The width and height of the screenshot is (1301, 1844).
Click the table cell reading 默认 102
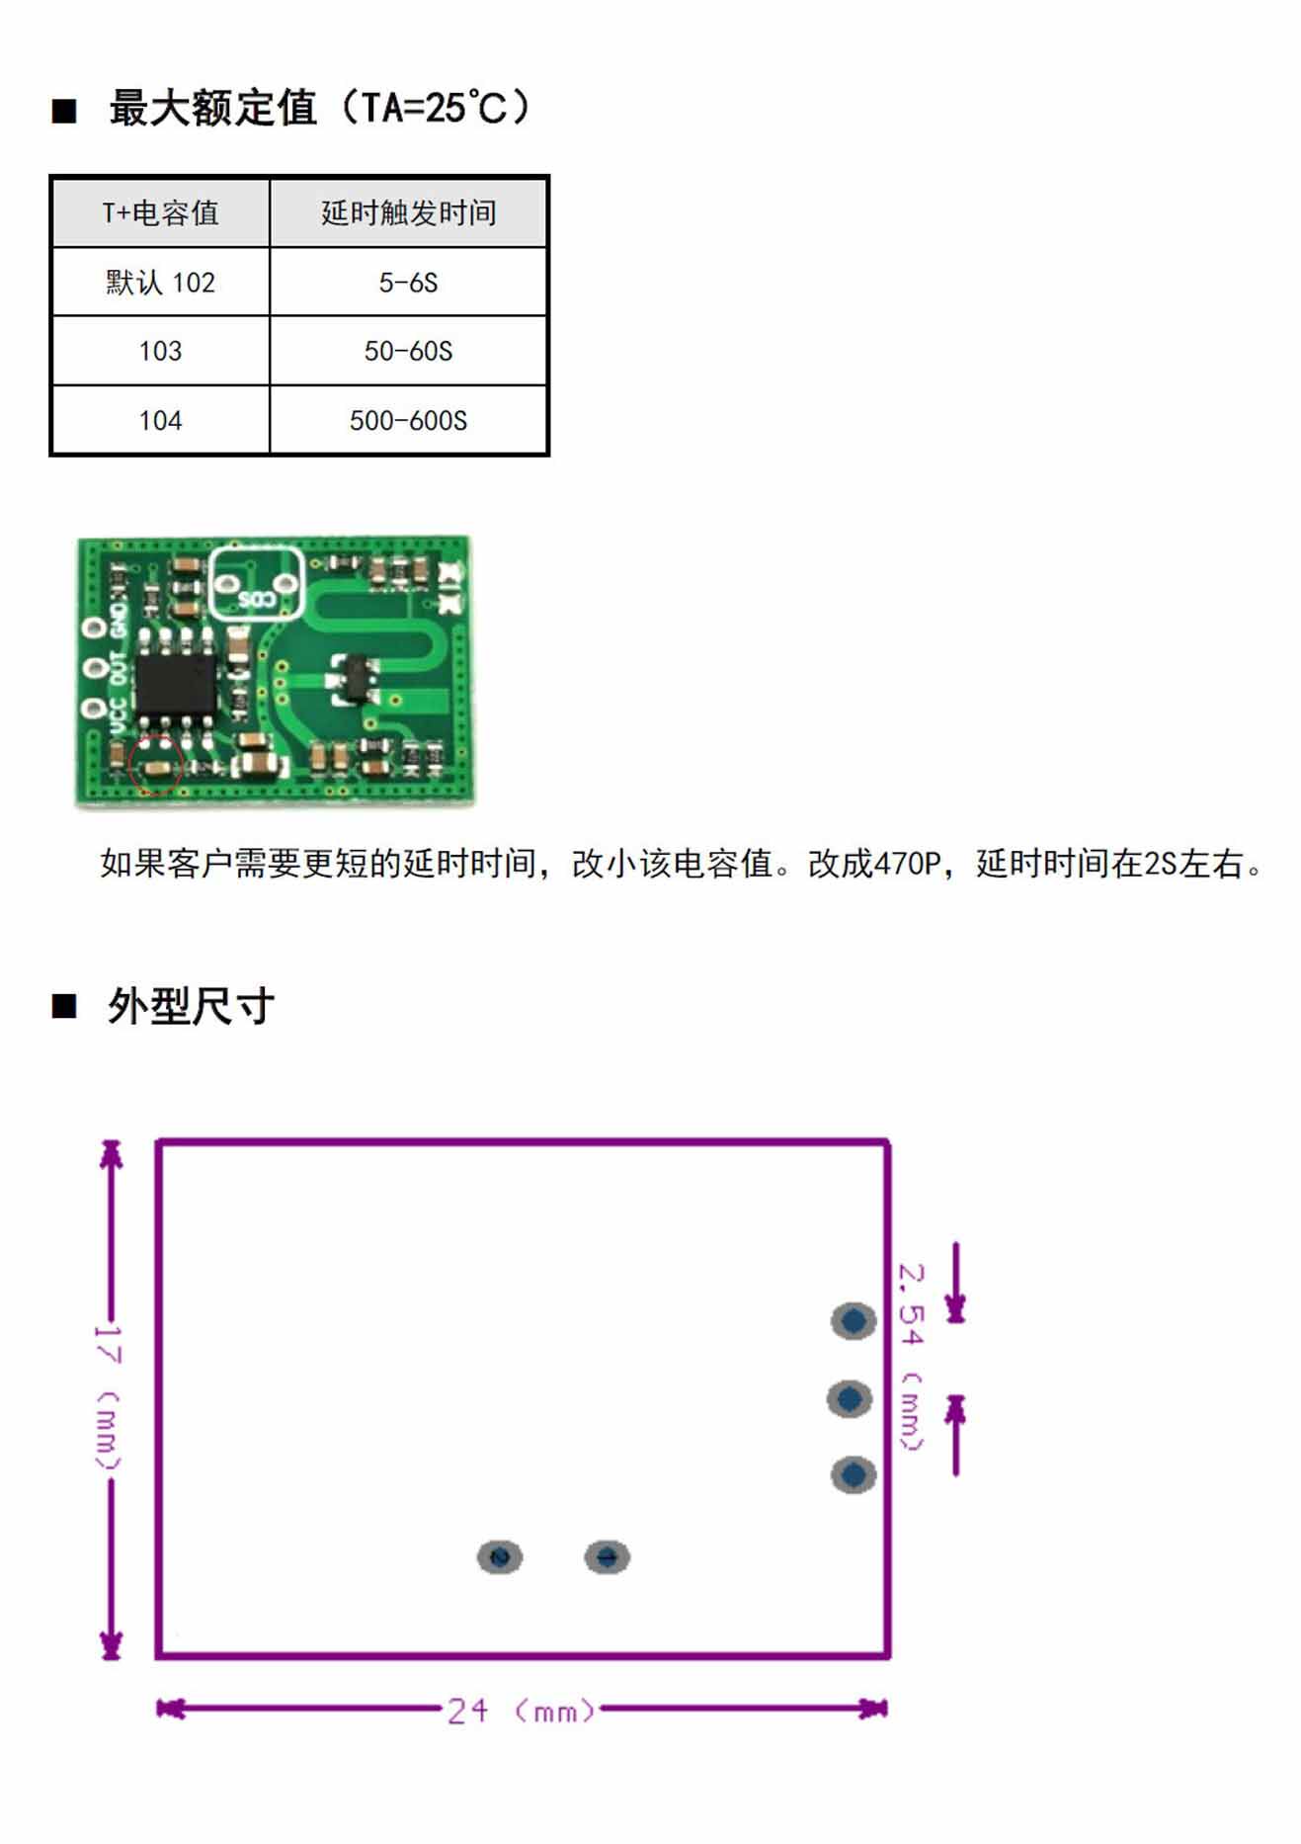point(160,283)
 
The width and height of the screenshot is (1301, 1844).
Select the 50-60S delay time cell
point(408,351)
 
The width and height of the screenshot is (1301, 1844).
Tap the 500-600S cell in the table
point(408,421)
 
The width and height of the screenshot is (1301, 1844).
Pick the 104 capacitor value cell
point(160,421)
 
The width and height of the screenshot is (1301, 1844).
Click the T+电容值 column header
point(160,212)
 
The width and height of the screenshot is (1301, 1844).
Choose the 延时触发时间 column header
point(408,212)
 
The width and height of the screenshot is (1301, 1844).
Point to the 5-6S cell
point(408,283)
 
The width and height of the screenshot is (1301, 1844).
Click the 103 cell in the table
point(160,351)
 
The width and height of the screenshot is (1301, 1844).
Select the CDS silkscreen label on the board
point(256,600)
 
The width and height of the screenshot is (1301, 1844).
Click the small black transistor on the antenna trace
point(353,680)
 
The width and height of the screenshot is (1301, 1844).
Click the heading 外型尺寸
point(191,1006)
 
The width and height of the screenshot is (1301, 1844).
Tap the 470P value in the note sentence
point(907,864)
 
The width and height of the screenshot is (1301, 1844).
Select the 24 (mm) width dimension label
point(521,1710)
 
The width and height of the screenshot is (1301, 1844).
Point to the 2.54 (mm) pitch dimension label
point(911,1356)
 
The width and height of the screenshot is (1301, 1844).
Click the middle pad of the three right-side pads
point(850,1398)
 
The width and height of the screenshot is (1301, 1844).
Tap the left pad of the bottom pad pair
point(500,1557)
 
